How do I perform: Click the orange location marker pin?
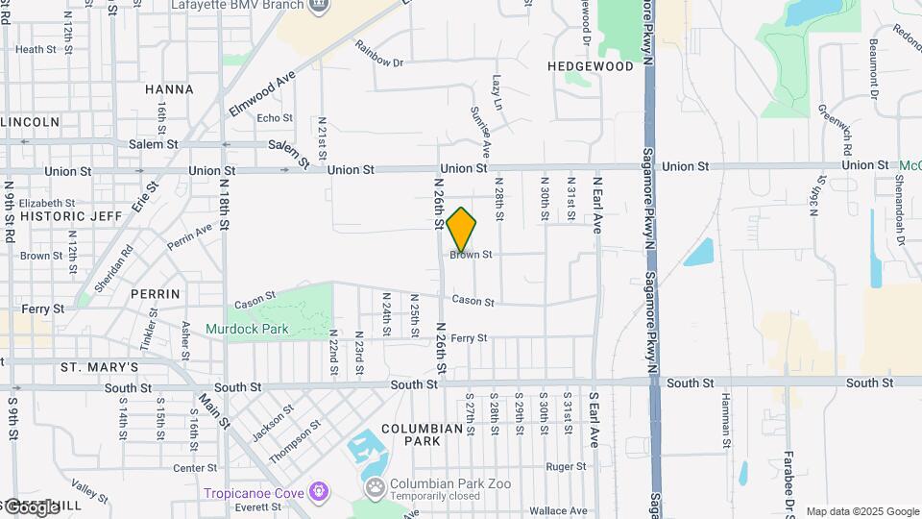point(461,229)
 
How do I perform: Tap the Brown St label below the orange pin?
point(471,255)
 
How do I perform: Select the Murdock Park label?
point(247,329)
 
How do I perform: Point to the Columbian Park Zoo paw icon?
point(374,486)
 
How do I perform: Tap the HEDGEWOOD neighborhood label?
point(591,66)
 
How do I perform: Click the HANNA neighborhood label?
point(169,89)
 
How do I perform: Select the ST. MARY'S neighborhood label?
point(100,367)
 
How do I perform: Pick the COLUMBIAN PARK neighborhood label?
point(422,434)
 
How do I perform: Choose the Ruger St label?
point(566,467)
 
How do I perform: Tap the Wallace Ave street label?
point(564,512)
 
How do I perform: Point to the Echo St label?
point(274,118)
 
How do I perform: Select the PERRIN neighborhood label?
point(157,293)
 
